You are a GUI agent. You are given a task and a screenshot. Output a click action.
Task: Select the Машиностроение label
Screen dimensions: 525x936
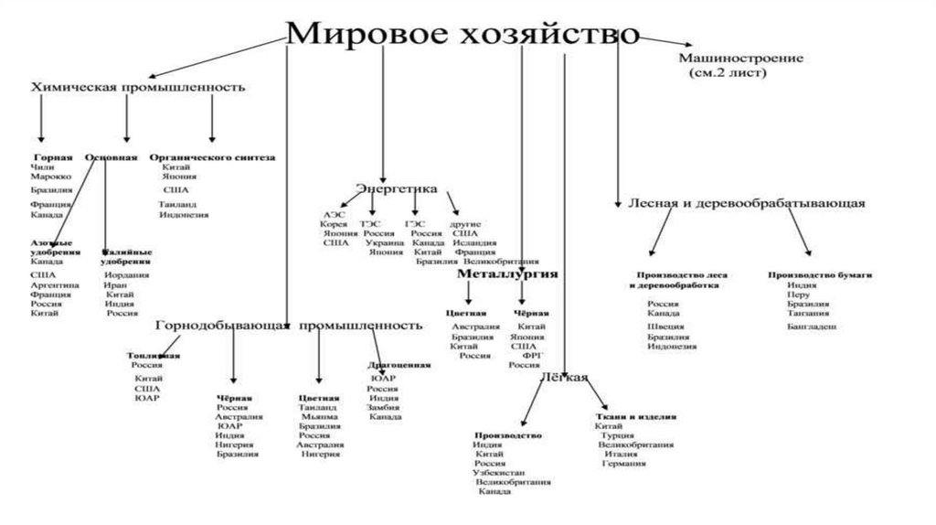740,59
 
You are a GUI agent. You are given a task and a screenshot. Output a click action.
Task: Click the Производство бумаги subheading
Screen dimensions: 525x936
820,273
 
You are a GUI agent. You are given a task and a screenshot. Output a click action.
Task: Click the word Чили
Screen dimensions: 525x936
42,168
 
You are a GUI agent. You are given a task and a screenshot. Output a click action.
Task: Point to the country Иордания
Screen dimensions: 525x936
127,274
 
